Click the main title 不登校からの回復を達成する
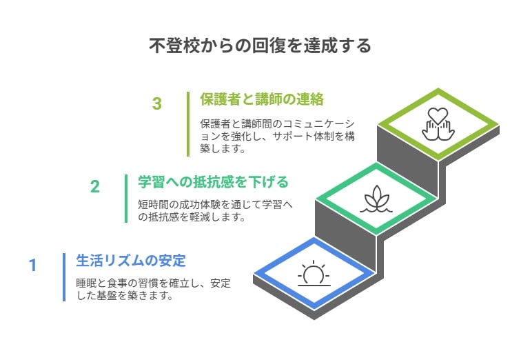tap(260, 46)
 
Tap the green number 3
tap(157, 103)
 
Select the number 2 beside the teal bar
tap(95, 186)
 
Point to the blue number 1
tap(32, 266)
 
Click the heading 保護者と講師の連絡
tap(262, 99)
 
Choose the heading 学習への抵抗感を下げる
tap(214, 182)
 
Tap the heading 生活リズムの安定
tap(130, 260)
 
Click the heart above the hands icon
tap(438, 115)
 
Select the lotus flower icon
tap(376, 199)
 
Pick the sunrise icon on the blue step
tap(314, 274)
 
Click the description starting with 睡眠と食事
tap(153, 289)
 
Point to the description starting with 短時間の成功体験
tap(215, 210)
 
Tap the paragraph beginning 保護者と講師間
tap(277, 136)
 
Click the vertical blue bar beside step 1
tap(64, 277)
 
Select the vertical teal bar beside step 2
tap(126, 199)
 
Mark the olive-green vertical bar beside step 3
tap(188, 124)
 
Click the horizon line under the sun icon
tap(314, 286)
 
